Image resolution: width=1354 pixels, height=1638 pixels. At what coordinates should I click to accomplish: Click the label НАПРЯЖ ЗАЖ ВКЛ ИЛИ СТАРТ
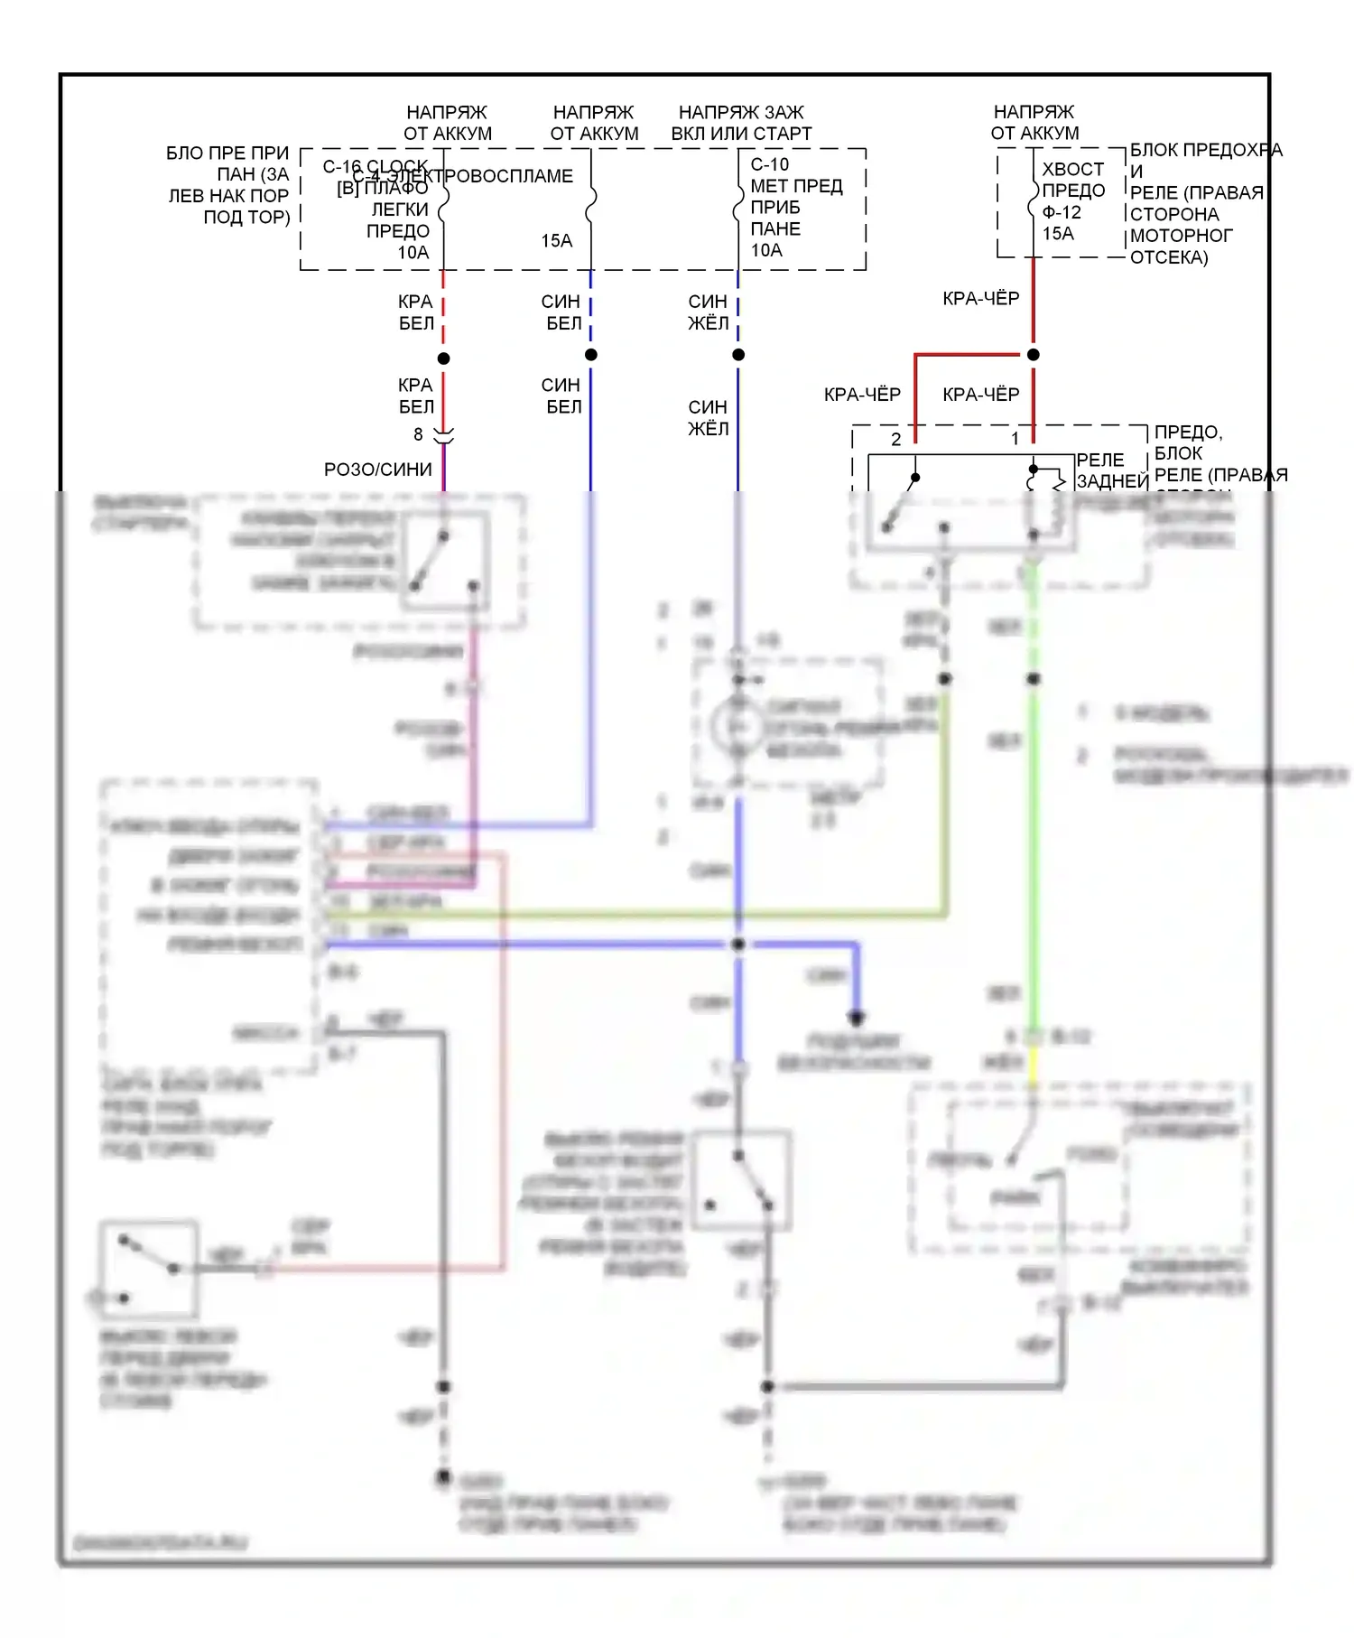tap(741, 123)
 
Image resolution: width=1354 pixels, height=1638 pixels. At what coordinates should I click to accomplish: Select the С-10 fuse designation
tap(769, 164)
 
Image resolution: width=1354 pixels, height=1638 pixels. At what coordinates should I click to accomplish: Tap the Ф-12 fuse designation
tap(1062, 212)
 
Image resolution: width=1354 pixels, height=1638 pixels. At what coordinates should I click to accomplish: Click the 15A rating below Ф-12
tap(1058, 234)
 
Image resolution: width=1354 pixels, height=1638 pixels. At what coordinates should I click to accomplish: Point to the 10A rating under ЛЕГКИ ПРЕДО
tap(413, 253)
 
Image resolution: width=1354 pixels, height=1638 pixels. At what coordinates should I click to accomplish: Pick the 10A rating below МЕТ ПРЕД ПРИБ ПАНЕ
tap(766, 250)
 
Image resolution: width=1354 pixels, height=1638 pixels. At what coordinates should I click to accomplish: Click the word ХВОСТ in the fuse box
tap(1072, 169)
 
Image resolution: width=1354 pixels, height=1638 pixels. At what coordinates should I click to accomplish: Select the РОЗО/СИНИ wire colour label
tap(378, 470)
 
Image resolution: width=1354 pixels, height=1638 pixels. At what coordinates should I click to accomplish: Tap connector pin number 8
tap(418, 435)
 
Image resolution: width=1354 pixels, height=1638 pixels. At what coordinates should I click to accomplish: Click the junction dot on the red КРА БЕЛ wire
tap(443, 358)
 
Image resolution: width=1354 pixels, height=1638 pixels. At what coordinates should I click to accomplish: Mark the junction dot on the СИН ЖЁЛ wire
tap(738, 355)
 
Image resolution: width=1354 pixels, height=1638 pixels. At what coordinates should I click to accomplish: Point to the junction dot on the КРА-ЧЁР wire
tap(1034, 355)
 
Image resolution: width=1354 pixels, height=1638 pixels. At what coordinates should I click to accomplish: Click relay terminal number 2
tap(895, 440)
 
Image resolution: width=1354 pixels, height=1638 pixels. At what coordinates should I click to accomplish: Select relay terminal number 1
tap(1015, 440)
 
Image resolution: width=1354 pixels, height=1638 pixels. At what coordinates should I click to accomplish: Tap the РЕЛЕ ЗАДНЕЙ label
tap(1110, 470)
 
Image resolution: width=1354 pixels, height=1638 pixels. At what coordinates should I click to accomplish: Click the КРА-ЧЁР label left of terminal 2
tap(862, 395)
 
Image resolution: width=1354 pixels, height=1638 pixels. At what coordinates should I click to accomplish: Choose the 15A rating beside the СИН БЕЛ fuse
tap(557, 241)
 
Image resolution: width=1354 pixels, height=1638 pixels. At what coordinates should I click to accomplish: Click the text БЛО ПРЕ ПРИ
tap(227, 154)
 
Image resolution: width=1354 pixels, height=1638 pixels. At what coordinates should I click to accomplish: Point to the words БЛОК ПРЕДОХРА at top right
tap(1206, 150)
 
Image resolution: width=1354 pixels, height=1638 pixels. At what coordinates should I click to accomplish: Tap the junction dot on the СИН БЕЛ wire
tap(591, 355)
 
